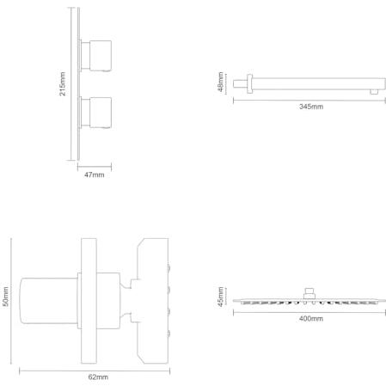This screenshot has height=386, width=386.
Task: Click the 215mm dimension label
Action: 63,84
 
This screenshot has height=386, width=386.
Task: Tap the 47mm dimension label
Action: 95,175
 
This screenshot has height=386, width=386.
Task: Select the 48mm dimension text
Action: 220,82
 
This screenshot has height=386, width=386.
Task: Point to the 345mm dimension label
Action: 311,107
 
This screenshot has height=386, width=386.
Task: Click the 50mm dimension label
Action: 5,297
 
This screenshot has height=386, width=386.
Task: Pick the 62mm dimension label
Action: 98,377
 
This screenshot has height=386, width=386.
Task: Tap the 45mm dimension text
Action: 220,297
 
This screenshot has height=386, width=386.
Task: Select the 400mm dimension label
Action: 311,319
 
